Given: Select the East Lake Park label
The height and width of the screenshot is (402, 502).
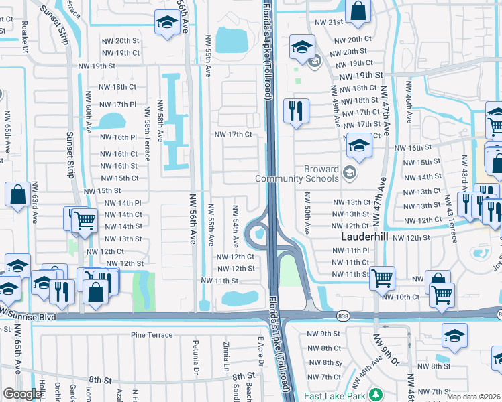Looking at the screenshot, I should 334,395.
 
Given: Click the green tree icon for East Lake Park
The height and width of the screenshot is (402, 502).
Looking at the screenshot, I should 376,394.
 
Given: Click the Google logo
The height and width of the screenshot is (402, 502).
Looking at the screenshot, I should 22,394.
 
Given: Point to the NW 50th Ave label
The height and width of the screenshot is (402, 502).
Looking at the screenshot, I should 307,213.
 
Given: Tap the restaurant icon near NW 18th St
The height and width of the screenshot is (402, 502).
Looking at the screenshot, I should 296,111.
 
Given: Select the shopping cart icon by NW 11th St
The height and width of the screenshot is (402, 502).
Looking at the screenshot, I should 382,277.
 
